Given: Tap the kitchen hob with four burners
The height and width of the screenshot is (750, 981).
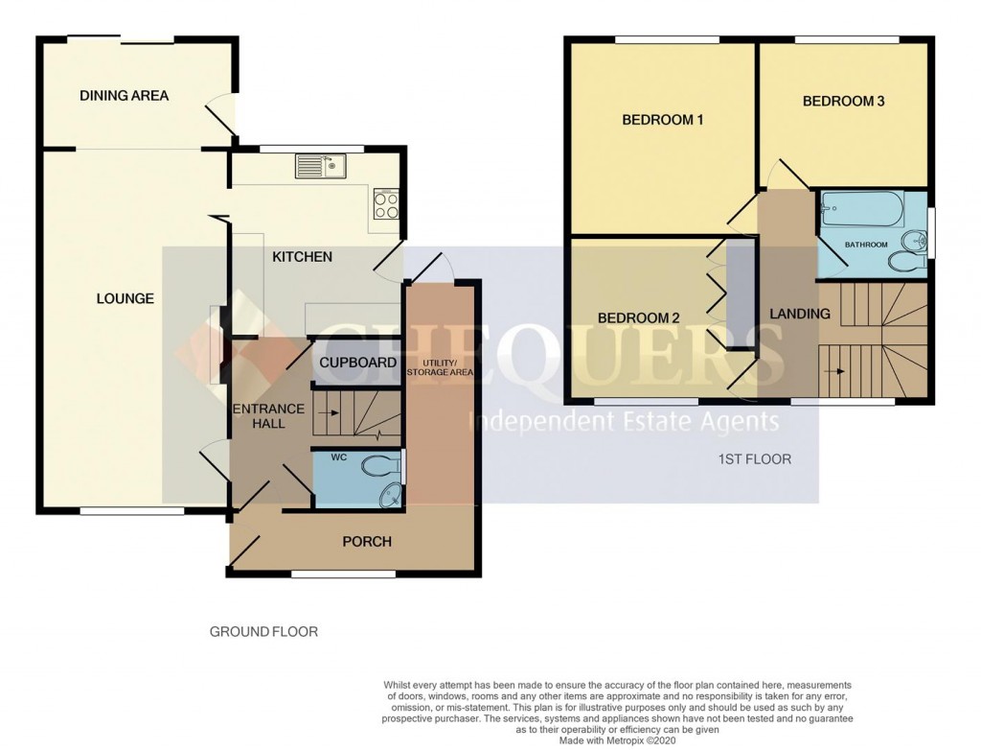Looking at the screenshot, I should [386, 203].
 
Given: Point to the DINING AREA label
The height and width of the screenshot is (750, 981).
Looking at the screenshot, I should [124, 96].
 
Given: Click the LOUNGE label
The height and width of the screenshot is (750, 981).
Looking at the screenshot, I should [125, 299].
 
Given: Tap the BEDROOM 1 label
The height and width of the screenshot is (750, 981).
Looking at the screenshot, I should [663, 121].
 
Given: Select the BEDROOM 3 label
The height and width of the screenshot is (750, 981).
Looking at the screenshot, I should [843, 102].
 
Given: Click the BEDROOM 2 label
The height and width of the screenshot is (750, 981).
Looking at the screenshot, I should [638, 318].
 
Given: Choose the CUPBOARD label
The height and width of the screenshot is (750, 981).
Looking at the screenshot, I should [357, 363].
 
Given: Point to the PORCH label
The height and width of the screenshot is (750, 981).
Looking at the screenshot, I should [367, 542].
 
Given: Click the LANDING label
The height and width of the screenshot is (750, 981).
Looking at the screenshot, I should [800, 315].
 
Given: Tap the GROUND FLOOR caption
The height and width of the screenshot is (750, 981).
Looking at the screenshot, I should [263, 632].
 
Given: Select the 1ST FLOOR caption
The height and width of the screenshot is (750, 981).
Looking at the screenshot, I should [755, 459].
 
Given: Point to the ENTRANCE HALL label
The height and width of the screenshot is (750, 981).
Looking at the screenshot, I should [270, 416].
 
